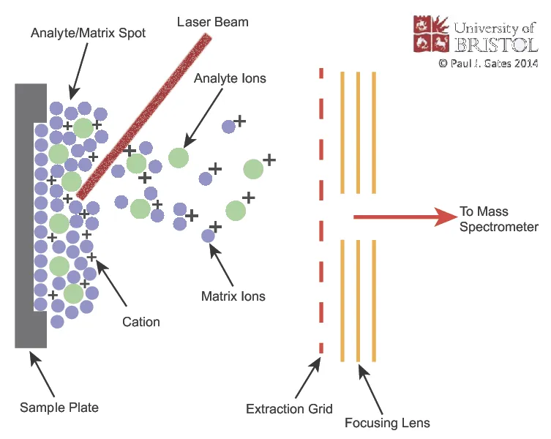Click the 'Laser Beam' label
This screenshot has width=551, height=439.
pos(213,22)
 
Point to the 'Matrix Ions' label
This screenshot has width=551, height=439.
pos(233,296)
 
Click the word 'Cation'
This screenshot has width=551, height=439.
pos(142,321)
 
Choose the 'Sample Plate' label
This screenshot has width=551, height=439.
pos(59,408)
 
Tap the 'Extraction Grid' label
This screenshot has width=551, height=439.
pos(289,408)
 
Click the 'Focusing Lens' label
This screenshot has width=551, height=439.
pos(387,423)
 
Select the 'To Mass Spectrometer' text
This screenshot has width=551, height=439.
pos(498,219)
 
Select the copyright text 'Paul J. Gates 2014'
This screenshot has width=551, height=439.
pos(488,64)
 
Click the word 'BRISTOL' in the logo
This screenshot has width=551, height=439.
pos(495,45)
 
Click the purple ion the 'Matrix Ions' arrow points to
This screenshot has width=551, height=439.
pos(208,236)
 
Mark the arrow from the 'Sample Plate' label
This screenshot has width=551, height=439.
pos(42,372)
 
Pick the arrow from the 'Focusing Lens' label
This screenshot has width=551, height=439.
pos(371,388)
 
